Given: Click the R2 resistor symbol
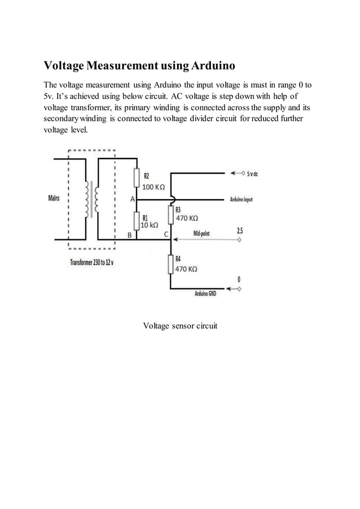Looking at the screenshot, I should click(x=137, y=178).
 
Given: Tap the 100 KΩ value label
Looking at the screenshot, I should click(x=153, y=187).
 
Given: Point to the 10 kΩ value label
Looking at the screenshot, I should click(x=149, y=225).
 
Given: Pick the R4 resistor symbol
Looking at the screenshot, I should click(x=170, y=264).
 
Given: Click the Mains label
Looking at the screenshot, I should click(x=54, y=199).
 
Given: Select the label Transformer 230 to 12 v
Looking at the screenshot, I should click(x=91, y=262).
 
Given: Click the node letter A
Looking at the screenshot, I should click(x=133, y=199).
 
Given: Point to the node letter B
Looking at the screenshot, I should click(x=129, y=235).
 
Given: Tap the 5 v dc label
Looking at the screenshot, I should click(x=252, y=174).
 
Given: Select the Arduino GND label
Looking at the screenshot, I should click(x=205, y=294).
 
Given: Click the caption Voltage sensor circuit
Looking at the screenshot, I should click(x=180, y=326).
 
